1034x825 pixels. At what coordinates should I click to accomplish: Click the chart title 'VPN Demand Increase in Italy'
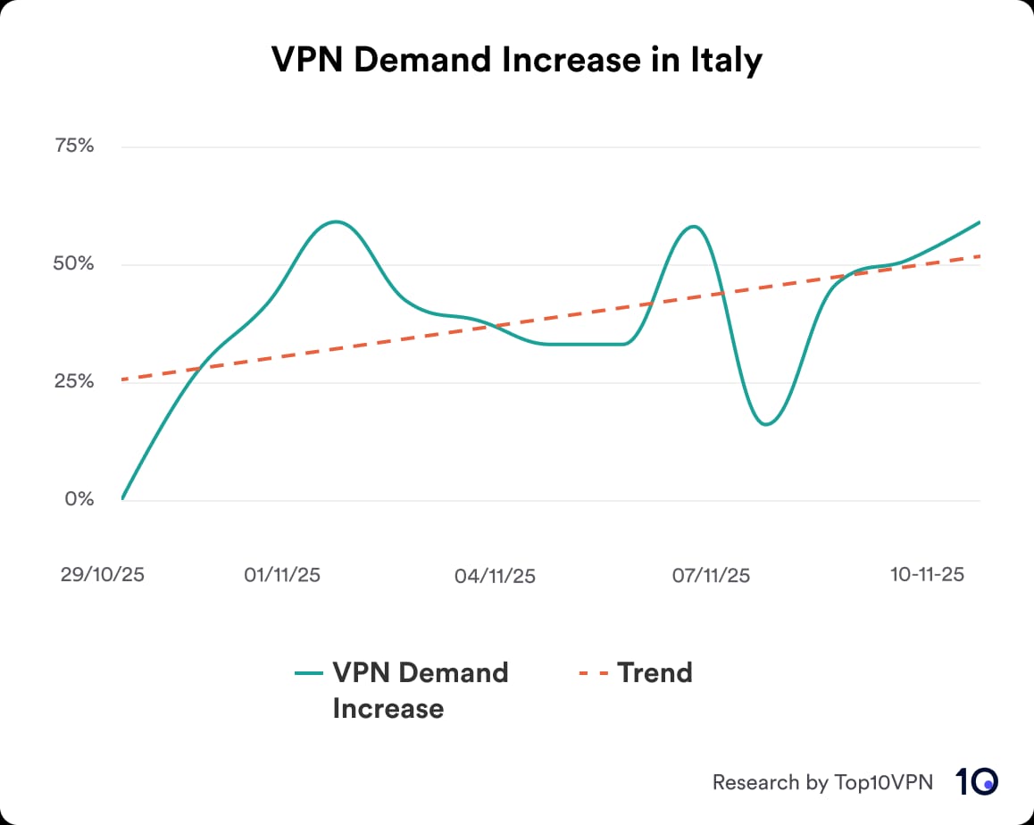click(517, 61)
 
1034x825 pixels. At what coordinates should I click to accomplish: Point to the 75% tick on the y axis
click(74, 146)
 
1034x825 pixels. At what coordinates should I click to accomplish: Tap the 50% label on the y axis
click(74, 264)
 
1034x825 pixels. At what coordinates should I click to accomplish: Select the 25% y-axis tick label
click(74, 382)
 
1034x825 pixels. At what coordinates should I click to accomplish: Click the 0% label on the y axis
click(79, 499)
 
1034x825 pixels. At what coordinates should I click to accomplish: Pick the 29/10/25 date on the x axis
click(102, 575)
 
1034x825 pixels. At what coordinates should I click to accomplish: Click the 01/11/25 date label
click(282, 575)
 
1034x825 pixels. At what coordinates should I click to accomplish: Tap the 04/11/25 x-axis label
click(495, 576)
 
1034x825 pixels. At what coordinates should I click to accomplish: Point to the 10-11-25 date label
click(927, 574)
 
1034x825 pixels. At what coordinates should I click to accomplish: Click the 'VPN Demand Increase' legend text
click(420, 690)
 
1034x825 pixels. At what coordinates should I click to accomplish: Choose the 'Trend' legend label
click(655, 672)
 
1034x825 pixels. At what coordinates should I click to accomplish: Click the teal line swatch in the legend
click(309, 673)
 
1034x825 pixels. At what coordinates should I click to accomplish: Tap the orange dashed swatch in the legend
click(594, 673)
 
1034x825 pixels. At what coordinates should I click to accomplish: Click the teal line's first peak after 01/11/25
click(335, 221)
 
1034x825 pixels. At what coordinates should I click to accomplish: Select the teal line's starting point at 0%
click(122, 498)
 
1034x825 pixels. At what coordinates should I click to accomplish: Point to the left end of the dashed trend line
click(122, 379)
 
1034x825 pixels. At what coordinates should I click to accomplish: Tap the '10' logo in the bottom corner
click(976, 782)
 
